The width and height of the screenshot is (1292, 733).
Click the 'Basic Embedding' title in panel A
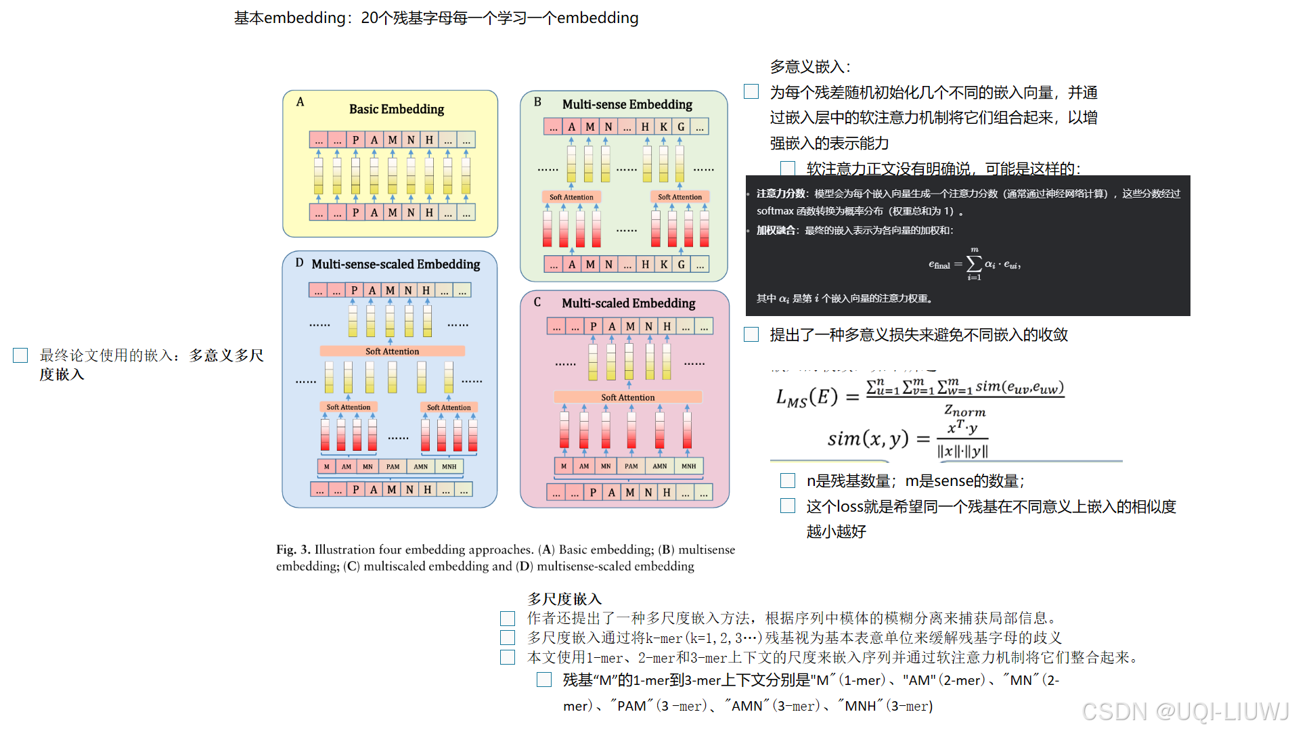pyautogui.click(x=396, y=109)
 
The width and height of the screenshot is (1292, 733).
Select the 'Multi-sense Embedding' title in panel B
pyautogui.click(x=627, y=104)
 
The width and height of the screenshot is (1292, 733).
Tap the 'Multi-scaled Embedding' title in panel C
pyautogui.click(x=628, y=303)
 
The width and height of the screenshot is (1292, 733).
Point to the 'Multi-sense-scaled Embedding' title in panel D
pyautogui.click(x=395, y=264)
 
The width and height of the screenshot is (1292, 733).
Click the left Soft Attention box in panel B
pyautogui.click(x=571, y=197)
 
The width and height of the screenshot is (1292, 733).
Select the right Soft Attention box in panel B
pyautogui.click(x=680, y=197)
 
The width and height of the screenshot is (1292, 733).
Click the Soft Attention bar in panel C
pyautogui.click(x=627, y=397)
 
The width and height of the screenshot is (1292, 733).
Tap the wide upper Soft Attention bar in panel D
pyautogui.click(x=392, y=351)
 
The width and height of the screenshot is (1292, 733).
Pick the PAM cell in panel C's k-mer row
pyautogui.click(x=631, y=466)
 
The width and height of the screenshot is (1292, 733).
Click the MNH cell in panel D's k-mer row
pyautogui.click(x=449, y=466)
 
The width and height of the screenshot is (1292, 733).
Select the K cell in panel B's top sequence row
pyautogui.click(x=663, y=127)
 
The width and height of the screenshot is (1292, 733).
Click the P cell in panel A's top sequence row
pyautogui.click(x=355, y=140)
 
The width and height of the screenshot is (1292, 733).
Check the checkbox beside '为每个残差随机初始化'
pyautogui.click(x=751, y=92)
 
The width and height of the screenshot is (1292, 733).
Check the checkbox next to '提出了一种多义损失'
pyautogui.click(x=751, y=334)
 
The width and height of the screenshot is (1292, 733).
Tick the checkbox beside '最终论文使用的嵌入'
pyautogui.click(x=20, y=355)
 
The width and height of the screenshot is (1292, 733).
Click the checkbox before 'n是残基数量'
pyautogui.click(x=788, y=481)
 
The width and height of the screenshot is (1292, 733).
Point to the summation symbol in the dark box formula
pyautogui.click(x=974, y=263)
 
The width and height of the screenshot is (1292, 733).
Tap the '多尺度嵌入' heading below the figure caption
pyautogui.click(x=564, y=599)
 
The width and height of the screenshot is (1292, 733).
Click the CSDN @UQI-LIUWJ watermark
pyautogui.click(x=1185, y=711)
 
